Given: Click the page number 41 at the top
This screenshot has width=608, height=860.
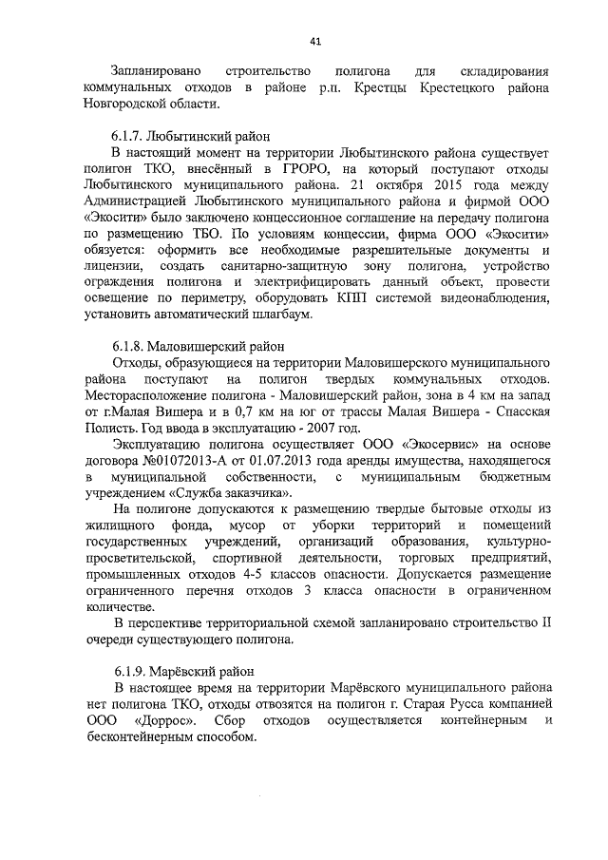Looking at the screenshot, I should coord(314,41).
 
